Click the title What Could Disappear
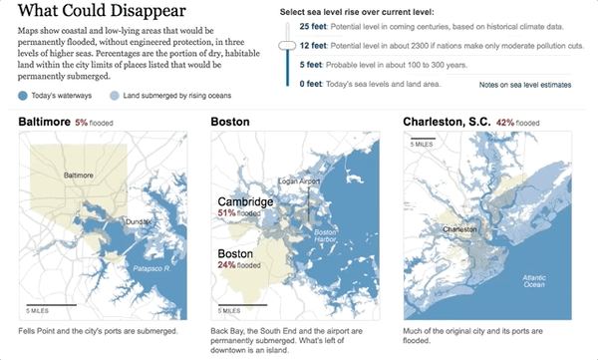(x=101, y=13)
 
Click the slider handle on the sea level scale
(x=288, y=46)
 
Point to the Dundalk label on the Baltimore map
(x=137, y=220)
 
